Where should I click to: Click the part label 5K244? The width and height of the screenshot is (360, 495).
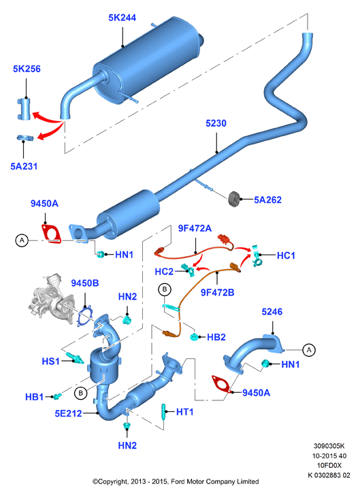122,18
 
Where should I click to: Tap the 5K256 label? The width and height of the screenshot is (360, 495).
27,69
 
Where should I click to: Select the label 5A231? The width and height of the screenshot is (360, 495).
24,166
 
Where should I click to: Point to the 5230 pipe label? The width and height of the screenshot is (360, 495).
216,123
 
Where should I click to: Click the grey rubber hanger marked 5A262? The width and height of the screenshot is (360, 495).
234,199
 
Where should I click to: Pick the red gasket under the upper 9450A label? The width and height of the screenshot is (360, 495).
51,234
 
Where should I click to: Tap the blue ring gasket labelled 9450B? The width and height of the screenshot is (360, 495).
85,317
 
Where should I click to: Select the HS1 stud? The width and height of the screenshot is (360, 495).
75,358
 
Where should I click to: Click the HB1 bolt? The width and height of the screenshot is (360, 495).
57,396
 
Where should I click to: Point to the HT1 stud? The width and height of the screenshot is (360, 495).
164,412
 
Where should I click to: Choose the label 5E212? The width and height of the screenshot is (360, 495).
69,413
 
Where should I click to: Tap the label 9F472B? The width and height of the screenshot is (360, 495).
218,293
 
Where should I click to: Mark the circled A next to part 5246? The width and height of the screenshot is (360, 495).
309,350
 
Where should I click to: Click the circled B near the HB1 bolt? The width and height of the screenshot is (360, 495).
81,393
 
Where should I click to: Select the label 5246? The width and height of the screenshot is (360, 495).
272,312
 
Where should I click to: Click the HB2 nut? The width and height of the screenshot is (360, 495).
194,337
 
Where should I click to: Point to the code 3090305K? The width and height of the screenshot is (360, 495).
329,446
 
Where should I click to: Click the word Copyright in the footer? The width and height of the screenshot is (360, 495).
113,482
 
